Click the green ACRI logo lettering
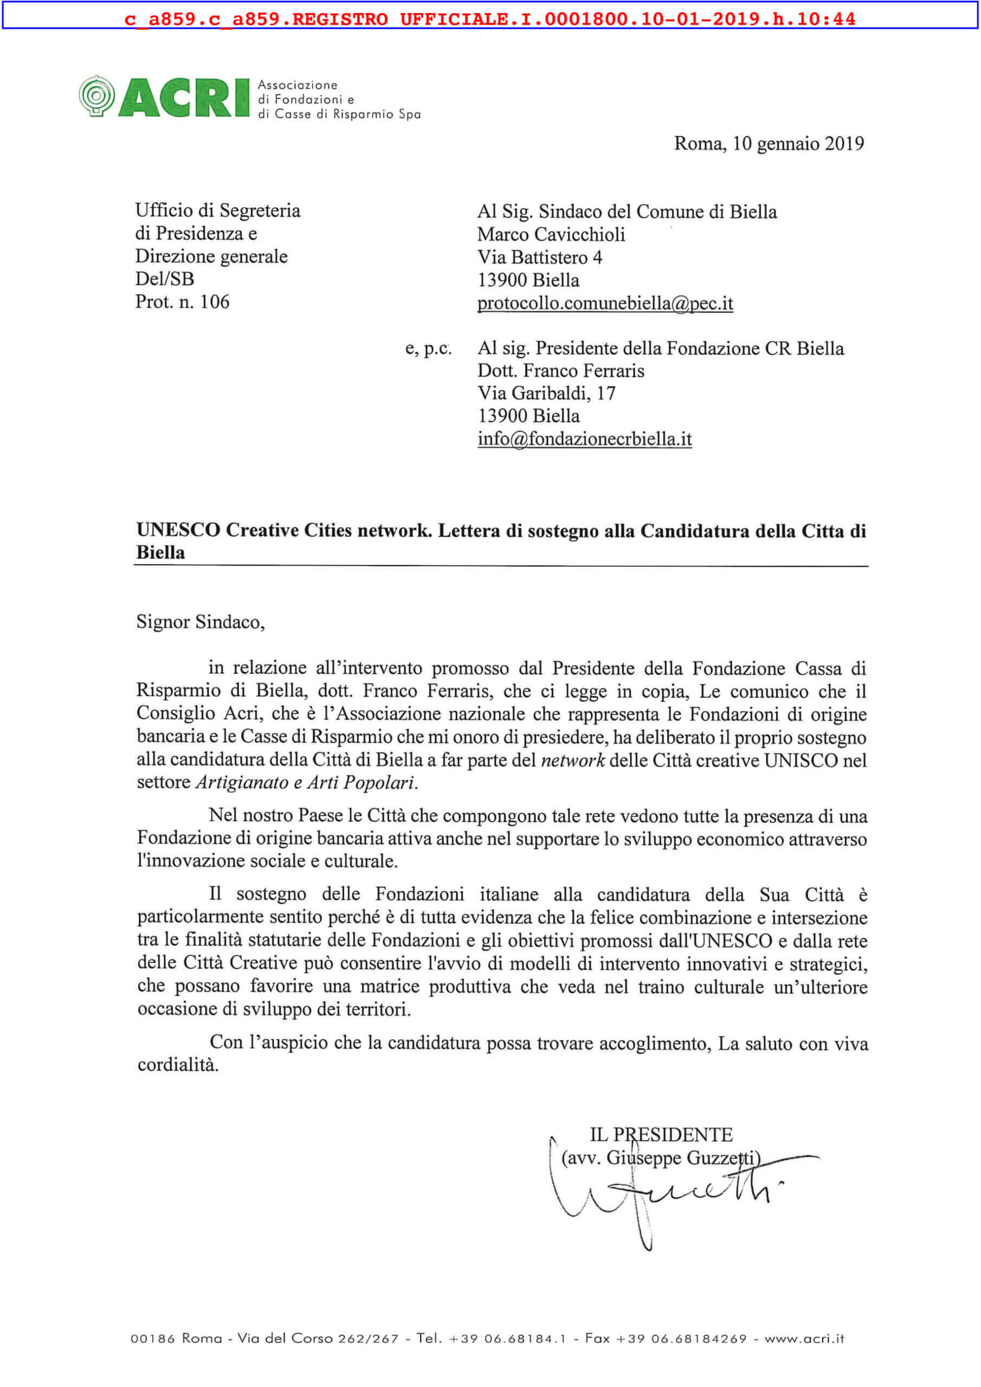tap(184, 98)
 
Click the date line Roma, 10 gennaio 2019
tap(769, 144)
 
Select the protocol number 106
tap(215, 302)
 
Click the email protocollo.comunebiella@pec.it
tap(605, 303)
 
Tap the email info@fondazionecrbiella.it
tap(584, 439)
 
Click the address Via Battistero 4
tap(540, 257)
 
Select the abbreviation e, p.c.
tap(428, 348)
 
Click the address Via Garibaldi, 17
tap(546, 393)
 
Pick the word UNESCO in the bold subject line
tap(178, 530)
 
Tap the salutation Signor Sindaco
tap(200, 622)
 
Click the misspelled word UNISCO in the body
tap(801, 761)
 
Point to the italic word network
tap(572, 761)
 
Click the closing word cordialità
tap(178, 1065)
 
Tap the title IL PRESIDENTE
tap(661, 1135)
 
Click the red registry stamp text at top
tap(490, 19)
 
